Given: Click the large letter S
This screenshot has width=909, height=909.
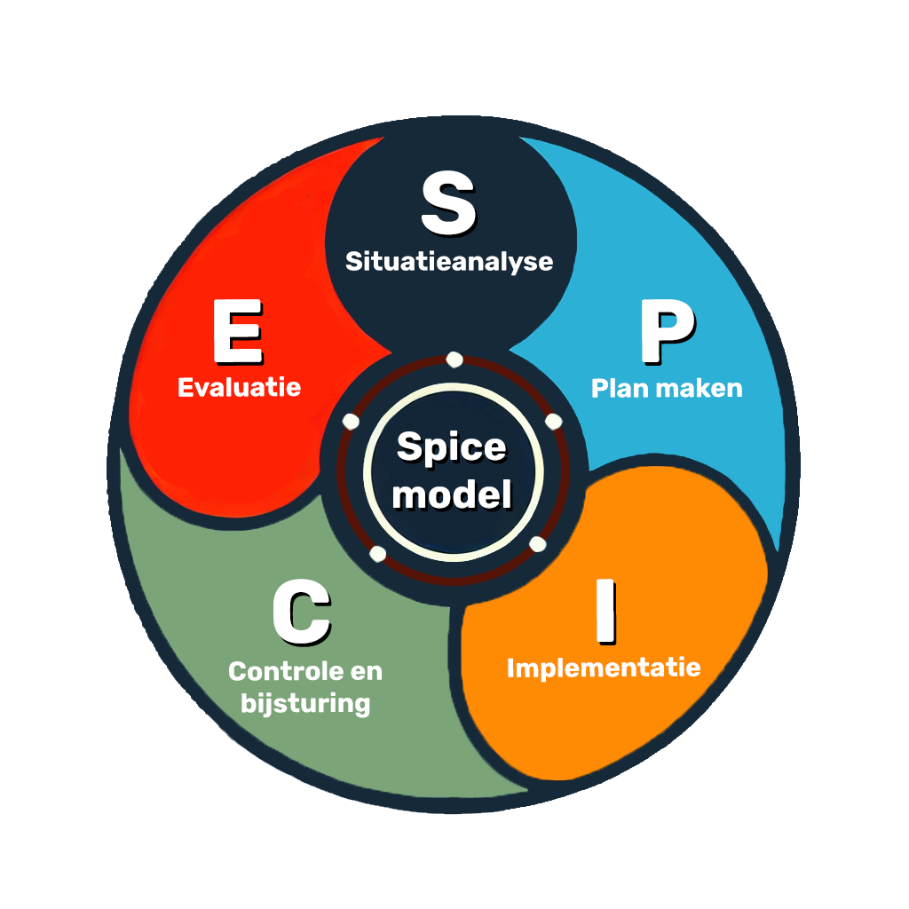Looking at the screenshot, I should point(448,205).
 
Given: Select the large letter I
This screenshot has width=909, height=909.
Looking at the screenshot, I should point(605,613).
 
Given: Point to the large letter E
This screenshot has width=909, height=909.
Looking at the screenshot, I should point(237,332).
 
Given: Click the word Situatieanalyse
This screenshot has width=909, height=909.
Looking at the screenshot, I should point(449,262).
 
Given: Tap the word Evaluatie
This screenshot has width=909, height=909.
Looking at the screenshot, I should point(239,388).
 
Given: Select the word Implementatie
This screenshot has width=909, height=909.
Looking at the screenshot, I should point(604,668).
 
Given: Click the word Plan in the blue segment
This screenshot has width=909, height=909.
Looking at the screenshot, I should point(618,388).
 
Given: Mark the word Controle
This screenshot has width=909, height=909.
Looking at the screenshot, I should point(282,671).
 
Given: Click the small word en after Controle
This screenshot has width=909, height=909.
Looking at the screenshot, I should point(364,672).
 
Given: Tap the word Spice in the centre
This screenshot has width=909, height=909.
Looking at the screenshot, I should point(451,447).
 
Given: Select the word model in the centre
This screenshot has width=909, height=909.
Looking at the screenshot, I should point(452,494).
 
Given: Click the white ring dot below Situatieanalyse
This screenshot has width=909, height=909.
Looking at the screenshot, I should point(454,360).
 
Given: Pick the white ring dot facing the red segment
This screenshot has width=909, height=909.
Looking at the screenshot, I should point(351,421).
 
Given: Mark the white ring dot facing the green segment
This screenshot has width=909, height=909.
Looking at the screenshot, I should point(377,554).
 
